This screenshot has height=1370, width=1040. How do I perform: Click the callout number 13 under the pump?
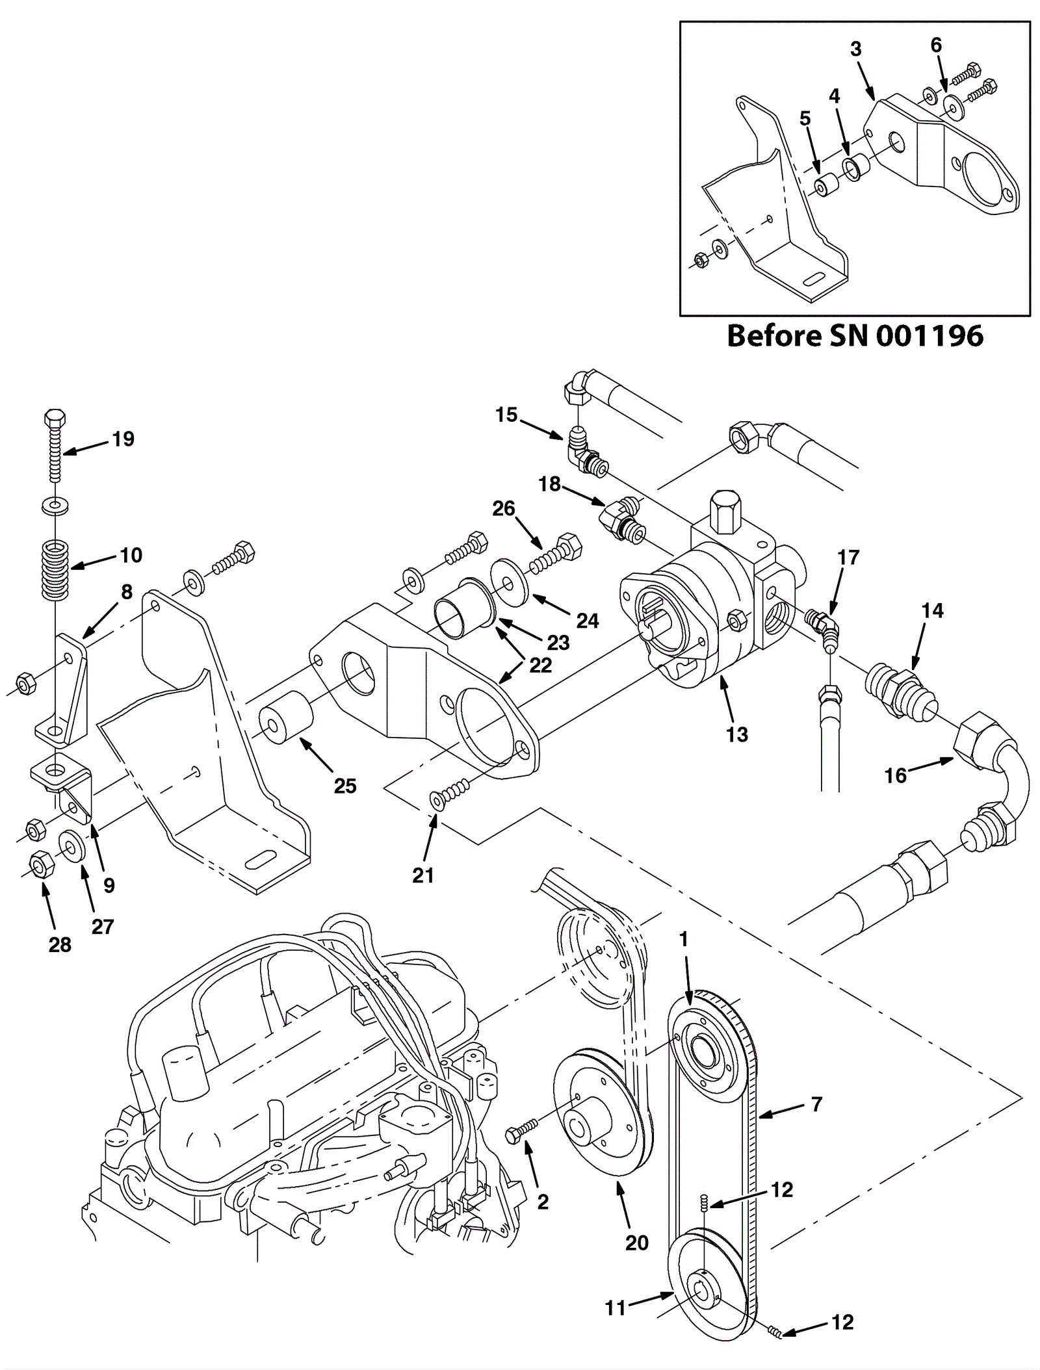[x=736, y=734]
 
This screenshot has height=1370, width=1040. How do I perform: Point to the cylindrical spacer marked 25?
[x=286, y=717]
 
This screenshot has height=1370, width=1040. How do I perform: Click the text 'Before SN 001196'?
[x=855, y=336]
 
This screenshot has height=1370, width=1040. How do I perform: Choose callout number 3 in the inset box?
[x=855, y=49]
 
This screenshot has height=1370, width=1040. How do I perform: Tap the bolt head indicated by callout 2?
[x=515, y=1136]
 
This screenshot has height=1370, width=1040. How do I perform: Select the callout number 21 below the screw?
[x=422, y=875]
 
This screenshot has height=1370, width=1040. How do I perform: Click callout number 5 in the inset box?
[x=805, y=118]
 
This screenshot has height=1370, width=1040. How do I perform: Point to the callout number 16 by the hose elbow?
[x=895, y=775]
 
